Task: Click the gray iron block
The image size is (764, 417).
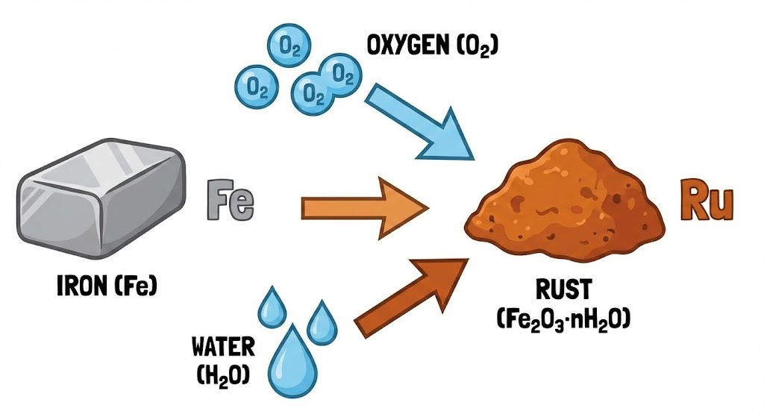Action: click(101, 201)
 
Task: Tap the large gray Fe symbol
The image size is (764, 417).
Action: click(230, 200)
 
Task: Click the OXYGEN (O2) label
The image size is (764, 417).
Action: click(433, 47)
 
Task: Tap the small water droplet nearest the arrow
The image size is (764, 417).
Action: click(323, 319)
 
